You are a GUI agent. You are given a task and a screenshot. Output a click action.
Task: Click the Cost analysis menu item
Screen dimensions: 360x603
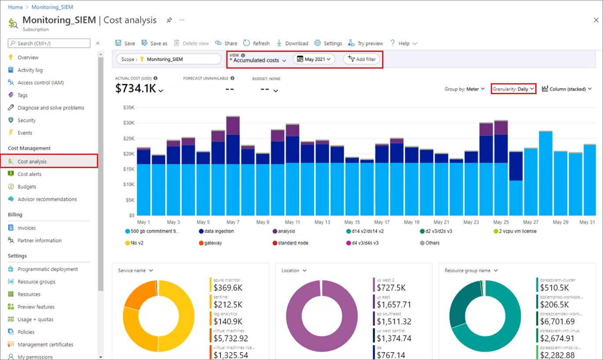coord(32,162)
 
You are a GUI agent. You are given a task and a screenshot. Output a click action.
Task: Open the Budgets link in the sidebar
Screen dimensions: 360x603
coord(27,187)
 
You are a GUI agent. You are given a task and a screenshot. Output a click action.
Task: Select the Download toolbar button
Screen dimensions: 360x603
coord(292,43)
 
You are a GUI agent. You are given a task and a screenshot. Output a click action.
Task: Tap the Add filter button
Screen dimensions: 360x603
coord(362,59)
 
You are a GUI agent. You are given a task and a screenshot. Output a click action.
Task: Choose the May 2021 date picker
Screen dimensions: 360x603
coord(314,59)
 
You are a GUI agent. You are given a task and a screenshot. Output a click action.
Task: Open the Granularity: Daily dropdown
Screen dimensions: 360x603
coord(513,89)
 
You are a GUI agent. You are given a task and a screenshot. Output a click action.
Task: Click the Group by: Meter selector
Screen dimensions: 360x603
coord(465,89)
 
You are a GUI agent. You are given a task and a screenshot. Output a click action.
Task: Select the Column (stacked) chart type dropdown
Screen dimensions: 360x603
coord(566,89)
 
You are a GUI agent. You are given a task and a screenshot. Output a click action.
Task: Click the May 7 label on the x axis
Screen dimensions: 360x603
coord(232,222)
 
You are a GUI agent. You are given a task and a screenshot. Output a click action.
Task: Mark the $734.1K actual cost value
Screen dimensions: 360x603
coord(136,88)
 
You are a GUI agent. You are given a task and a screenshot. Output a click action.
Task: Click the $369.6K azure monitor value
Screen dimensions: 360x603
coord(228,288)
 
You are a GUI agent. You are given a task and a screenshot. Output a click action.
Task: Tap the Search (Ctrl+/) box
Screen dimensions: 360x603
coord(49,43)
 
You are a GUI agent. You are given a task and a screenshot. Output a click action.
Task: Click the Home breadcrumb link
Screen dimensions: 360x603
coord(15,7)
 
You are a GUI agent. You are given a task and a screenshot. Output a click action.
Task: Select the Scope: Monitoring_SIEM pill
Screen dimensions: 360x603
coord(169,59)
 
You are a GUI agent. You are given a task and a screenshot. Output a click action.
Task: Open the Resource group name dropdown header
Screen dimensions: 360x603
coord(470,271)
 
